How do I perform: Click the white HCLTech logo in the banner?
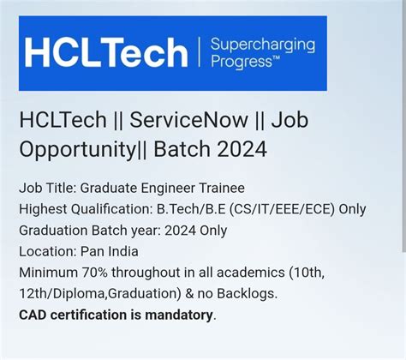(105, 52)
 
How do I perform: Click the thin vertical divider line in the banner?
(198, 53)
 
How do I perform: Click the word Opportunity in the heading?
(81, 149)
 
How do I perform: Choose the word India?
(122, 252)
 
